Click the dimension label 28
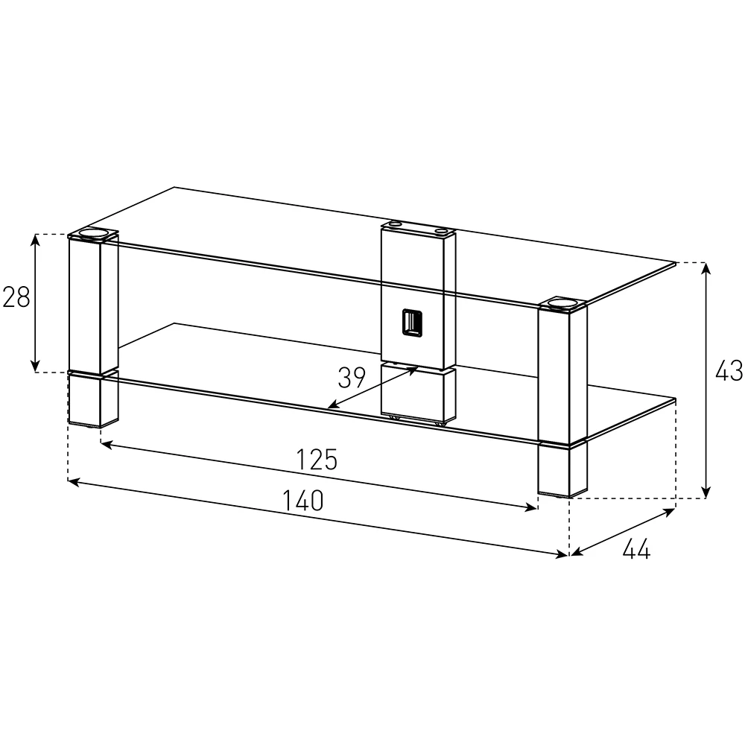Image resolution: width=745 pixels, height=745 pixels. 16,297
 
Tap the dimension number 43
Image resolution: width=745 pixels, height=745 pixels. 729,370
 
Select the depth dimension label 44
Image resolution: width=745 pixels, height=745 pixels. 635,550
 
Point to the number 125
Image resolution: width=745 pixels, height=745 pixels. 317,460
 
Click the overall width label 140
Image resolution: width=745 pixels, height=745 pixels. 303,500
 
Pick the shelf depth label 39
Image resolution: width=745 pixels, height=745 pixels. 352,378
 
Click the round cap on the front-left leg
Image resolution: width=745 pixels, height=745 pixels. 93,234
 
